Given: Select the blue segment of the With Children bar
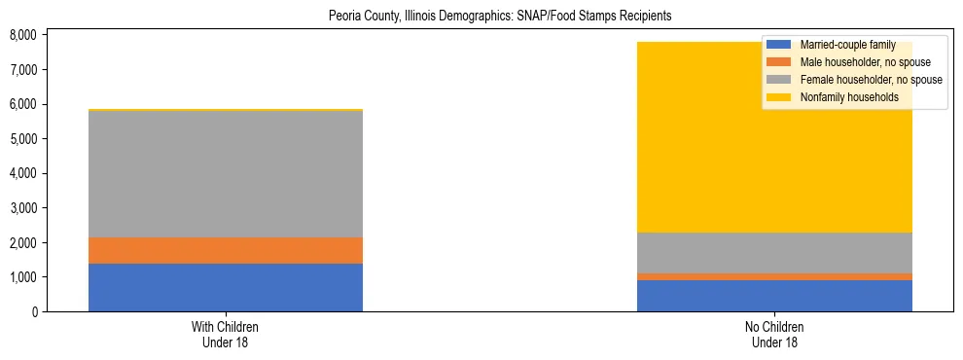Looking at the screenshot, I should coord(226,287).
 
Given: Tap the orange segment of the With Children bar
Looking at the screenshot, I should coord(226,250).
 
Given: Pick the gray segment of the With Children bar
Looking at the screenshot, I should coord(226,174).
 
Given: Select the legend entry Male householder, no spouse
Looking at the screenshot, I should coord(864,62).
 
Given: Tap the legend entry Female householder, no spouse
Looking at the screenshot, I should coord(869,80).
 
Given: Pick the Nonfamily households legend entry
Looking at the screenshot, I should coord(848,97).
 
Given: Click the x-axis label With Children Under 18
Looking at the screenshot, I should coord(226,334).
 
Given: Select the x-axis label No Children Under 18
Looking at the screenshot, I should coord(774,334).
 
